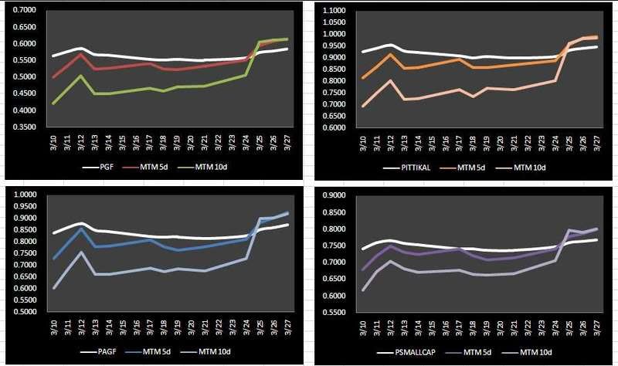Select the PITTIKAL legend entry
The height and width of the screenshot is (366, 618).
409,166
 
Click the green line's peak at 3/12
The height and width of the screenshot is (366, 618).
81,76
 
